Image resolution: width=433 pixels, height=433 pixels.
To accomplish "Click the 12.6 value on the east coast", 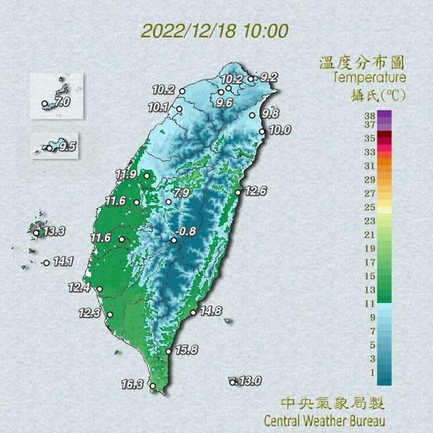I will click(255, 191).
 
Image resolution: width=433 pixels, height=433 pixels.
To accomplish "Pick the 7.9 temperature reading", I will click(182, 193).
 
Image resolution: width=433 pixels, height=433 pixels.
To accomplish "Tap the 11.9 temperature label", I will click(125, 174).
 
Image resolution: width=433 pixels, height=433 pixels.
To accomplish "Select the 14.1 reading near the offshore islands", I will click(63, 261).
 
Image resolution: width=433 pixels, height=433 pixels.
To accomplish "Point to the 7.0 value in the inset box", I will click(62, 102).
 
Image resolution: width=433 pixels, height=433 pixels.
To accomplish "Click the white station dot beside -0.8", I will click(174, 241).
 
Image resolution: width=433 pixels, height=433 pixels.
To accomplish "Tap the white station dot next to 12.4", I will click(100, 289).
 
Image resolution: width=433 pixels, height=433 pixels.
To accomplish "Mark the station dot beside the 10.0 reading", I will click(262, 131).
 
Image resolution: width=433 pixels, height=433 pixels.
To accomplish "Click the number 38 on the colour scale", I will click(370, 114).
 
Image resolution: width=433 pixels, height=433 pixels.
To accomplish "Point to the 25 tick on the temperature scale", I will click(370, 207).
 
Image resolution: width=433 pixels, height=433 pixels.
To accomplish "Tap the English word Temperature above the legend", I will click(369, 78).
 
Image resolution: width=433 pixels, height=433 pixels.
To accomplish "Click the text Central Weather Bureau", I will click(324, 420).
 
